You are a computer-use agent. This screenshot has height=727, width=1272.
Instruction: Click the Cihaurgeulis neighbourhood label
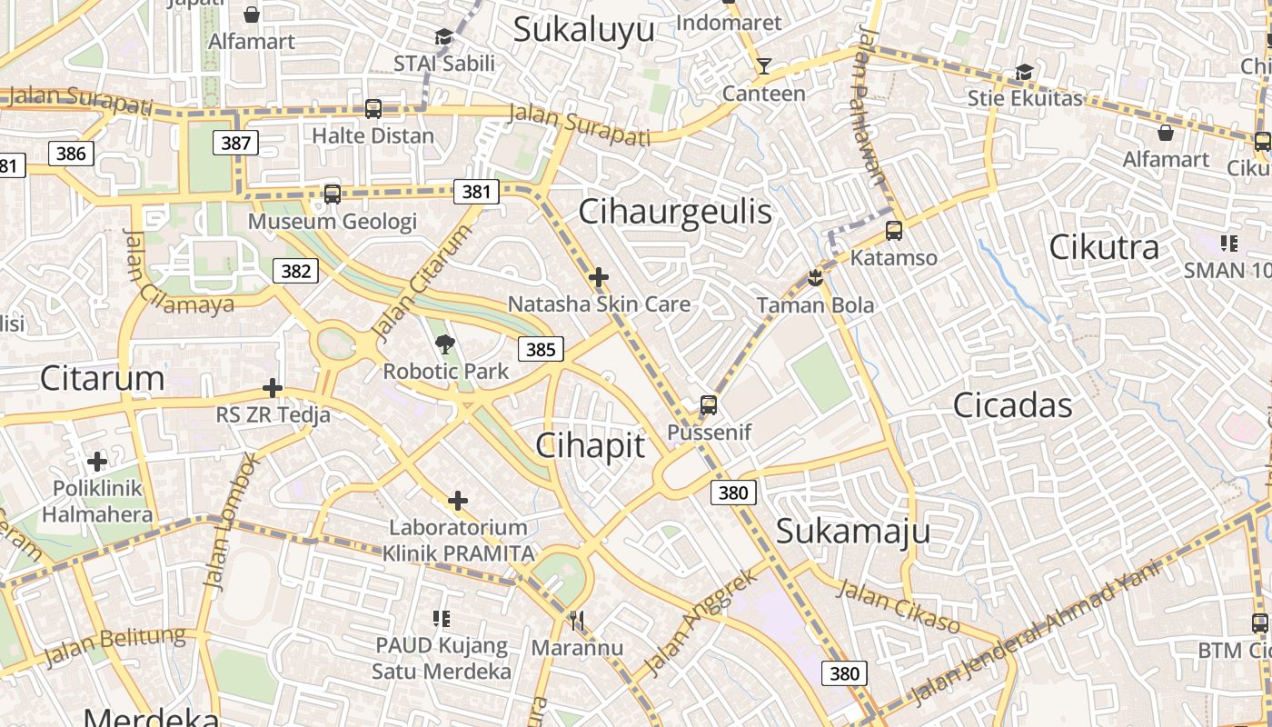point(675,212)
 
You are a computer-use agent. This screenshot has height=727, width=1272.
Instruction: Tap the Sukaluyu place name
point(583,29)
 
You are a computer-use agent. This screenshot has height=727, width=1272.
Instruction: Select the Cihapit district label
point(591,445)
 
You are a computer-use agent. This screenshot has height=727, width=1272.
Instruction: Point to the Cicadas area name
point(1012,405)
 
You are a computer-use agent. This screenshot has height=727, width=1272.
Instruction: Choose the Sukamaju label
point(853,532)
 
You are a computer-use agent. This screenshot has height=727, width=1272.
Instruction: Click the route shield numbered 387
point(236,143)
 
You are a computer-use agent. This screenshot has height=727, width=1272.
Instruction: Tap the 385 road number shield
point(541,349)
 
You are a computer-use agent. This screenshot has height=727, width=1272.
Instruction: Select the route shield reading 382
point(296,271)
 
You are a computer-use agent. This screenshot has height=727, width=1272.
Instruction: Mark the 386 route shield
point(71,154)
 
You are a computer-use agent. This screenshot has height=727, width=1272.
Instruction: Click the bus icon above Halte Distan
point(373,109)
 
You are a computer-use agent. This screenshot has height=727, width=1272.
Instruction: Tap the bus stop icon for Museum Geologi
point(333,194)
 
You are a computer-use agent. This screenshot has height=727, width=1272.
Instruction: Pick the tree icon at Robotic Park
point(445,344)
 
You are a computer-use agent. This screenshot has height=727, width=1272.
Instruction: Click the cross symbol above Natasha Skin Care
point(599,277)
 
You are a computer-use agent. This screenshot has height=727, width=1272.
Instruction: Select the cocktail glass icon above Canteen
point(763,65)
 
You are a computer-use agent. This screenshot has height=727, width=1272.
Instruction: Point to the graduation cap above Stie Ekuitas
point(1025,72)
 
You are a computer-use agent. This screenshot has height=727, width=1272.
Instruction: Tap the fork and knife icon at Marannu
point(577,621)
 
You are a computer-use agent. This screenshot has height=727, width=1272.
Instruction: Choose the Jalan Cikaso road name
point(897,605)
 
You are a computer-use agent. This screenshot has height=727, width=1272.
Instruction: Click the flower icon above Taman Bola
point(815,277)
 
